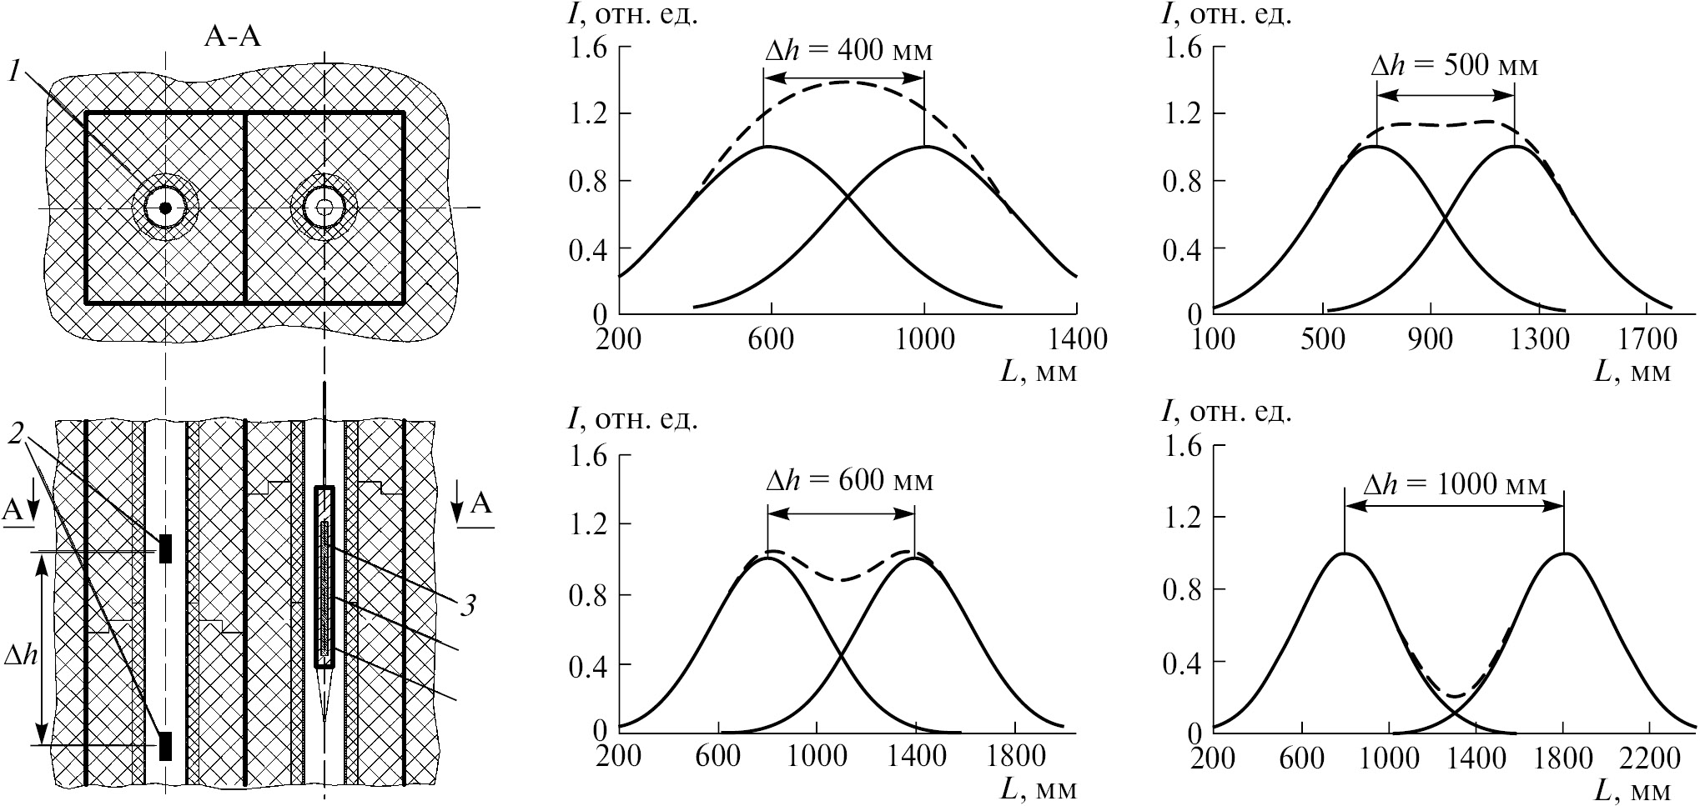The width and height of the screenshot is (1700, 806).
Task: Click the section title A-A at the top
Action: point(233,38)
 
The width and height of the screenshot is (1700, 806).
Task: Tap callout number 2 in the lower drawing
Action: point(18,433)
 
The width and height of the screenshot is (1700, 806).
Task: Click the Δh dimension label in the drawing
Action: point(21,655)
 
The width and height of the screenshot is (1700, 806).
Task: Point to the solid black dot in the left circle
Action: point(165,208)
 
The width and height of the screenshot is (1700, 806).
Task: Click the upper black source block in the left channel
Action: point(165,548)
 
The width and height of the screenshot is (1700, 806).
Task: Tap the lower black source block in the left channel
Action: point(165,745)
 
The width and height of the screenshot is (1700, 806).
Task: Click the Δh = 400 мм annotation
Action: point(848,51)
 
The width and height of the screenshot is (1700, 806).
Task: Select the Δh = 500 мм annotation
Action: point(1454,66)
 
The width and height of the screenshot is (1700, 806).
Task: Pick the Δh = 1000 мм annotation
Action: point(1454,484)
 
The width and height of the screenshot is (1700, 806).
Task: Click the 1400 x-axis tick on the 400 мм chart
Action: point(1076,340)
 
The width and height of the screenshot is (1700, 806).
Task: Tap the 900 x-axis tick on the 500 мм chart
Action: point(1431,340)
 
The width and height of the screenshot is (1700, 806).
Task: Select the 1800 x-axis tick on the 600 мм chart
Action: point(1013,756)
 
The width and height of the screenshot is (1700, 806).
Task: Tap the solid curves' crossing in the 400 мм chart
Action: point(847,197)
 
